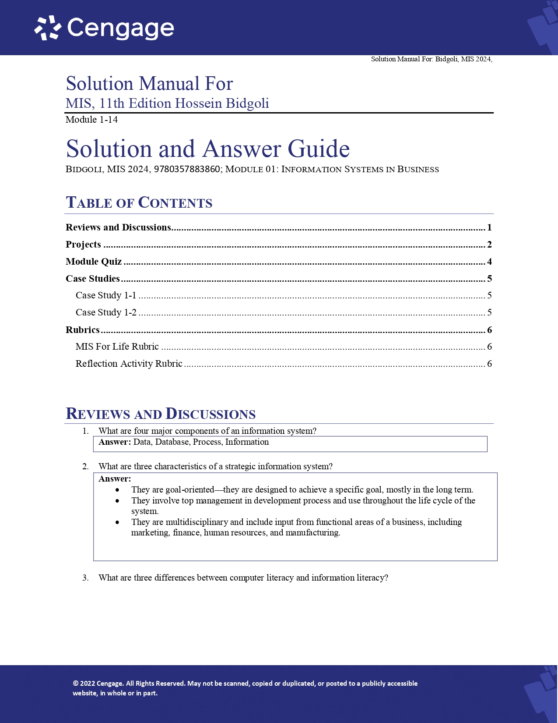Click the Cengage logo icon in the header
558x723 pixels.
[x=48, y=28]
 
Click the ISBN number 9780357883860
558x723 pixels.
[x=187, y=169]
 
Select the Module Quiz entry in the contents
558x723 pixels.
[x=94, y=262]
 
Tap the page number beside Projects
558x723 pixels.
[x=489, y=245]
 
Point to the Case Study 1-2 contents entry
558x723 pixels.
[x=106, y=312]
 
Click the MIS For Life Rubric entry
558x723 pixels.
[x=117, y=347]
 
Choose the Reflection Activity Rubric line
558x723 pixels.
[x=129, y=364]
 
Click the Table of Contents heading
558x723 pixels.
[x=139, y=202]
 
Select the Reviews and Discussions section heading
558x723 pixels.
[x=161, y=414]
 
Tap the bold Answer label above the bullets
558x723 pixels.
[x=115, y=479]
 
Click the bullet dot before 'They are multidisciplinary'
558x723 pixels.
[x=117, y=522]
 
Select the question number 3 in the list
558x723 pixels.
[x=85, y=578]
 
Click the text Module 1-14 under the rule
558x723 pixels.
[x=91, y=120]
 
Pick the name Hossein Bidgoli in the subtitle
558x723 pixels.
[x=222, y=103]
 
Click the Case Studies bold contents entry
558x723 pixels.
[x=93, y=279]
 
